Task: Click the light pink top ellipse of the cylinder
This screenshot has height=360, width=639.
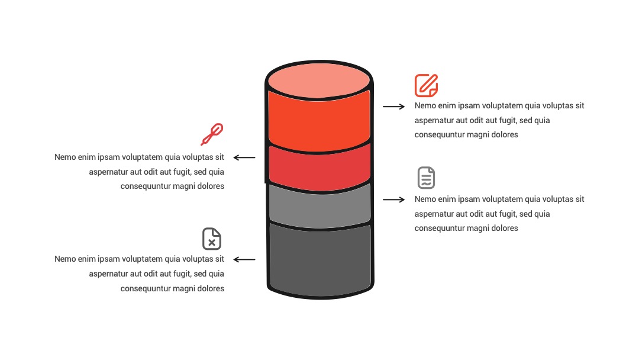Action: point(319,81)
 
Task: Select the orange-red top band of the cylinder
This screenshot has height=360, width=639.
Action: point(319,123)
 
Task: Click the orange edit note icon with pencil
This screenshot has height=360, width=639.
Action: point(426,85)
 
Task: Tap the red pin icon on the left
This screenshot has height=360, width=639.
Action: point(212,134)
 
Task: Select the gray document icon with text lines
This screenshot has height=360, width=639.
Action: point(426,178)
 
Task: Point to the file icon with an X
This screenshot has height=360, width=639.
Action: point(212,239)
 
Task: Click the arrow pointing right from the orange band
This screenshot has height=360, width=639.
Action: point(393,107)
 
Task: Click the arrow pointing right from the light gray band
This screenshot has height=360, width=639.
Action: point(393,200)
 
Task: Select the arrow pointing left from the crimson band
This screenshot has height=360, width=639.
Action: point(244,157)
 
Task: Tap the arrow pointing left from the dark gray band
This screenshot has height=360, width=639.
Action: point(244,259)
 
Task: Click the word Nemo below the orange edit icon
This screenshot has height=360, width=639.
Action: point(425,105)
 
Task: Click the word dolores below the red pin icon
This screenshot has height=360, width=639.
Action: point(211,186)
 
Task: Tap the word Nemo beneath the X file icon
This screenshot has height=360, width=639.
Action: point(65,259)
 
